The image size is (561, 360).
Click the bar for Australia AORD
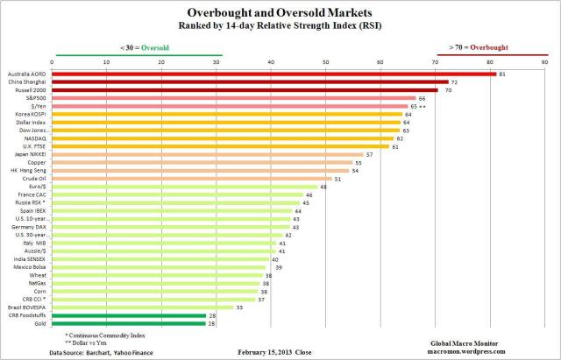272,74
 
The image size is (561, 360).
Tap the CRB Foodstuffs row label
30,316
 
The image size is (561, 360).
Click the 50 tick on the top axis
326,62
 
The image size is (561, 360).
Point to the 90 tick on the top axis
544,62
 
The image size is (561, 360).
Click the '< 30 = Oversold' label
138,46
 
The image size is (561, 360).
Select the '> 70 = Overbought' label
477,46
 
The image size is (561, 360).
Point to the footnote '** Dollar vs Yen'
94,342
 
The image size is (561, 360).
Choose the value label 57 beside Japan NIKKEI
370,154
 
